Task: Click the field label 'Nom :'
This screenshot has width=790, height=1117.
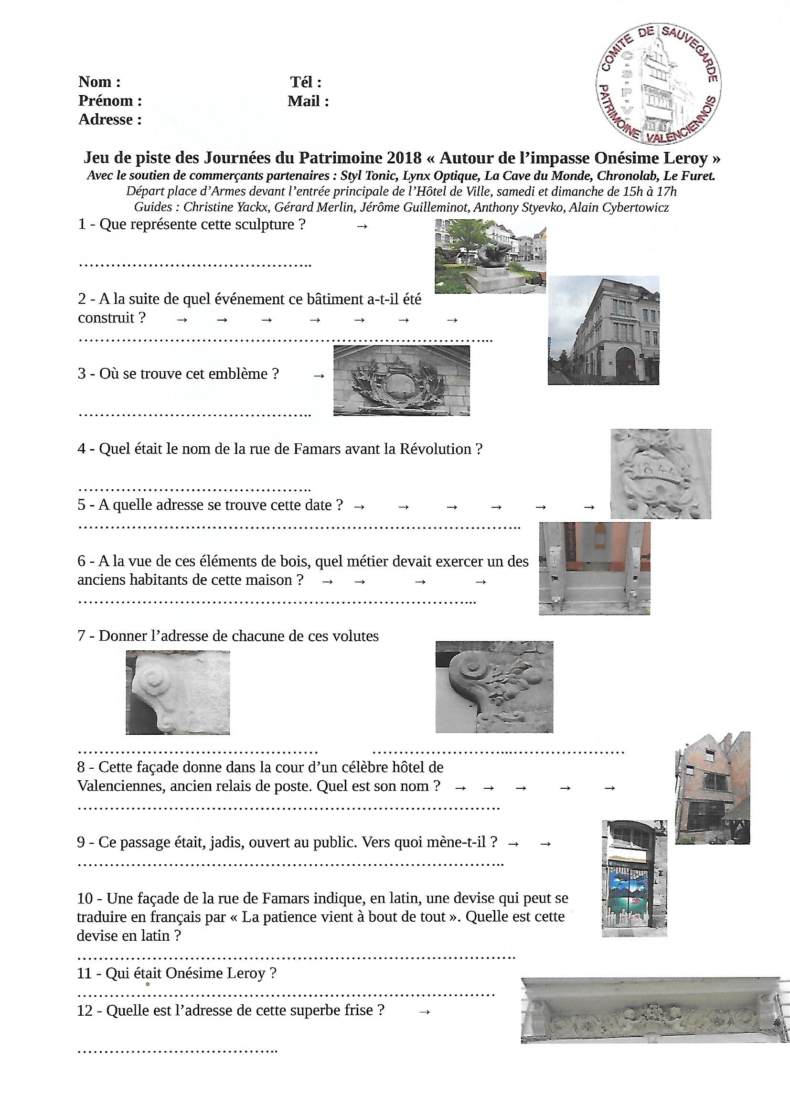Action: [x=99, y=81]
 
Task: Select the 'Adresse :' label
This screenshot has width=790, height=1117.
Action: [x=110, y=119]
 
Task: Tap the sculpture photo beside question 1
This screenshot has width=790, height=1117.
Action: [x=490, y=257]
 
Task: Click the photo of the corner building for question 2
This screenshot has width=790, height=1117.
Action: [x=604, y=330]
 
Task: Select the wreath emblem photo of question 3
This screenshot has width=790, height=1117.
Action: [x=401, y=380]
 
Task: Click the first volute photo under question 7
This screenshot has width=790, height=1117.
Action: [x=178, y=692]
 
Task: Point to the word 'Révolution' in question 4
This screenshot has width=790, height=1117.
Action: [x=435, y=449]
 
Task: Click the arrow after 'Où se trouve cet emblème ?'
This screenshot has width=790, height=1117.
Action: [x=319, y=376]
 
